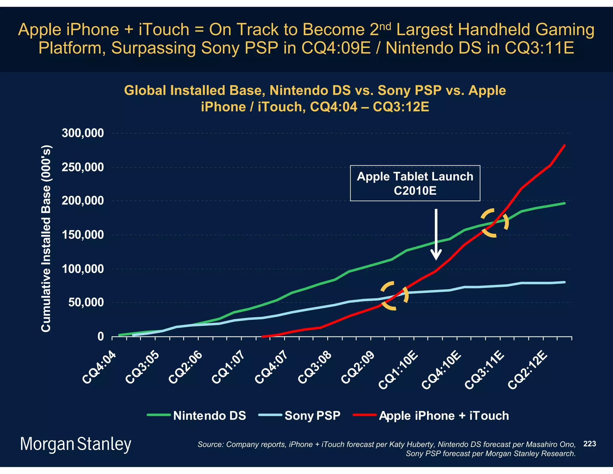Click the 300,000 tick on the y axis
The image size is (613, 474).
tap(83, 133)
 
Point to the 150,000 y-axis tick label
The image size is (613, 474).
tap(83, 235)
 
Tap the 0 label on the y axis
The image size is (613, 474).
tap(101, 336)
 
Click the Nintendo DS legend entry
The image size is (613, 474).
tap(197, 416)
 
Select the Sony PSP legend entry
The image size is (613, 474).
tap(300, 416)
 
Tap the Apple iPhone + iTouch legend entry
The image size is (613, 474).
tap(431, 416)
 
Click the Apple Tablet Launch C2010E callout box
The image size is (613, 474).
tap(415, 183)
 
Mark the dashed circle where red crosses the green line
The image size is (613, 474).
tap(494, 223)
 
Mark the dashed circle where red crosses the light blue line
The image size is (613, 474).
tap(394, 296)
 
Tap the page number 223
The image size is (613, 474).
tap(589, 444)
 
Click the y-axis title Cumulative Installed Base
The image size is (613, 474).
tap(46, 238)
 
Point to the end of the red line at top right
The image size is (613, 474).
tap(564, 146)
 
